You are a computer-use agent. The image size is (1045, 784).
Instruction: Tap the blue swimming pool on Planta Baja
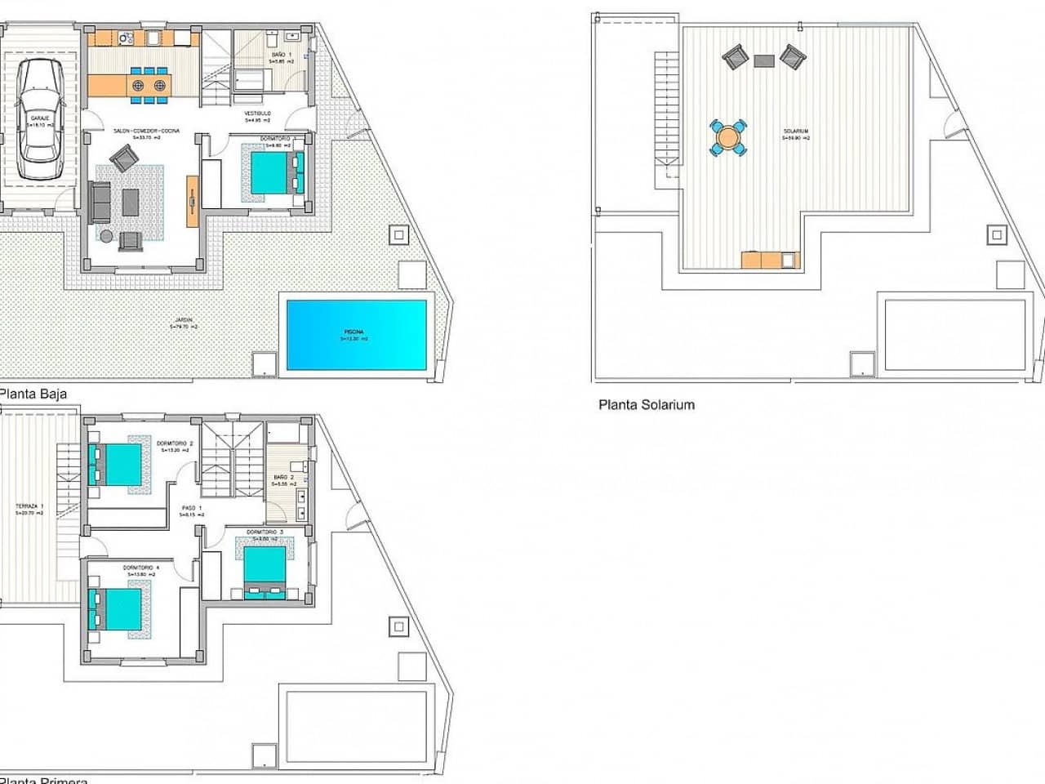point(356,333)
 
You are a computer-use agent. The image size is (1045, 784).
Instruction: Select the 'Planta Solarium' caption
point(647,404)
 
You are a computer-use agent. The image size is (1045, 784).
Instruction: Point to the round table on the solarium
point(727,137)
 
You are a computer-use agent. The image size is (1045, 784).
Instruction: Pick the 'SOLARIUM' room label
point(795,131)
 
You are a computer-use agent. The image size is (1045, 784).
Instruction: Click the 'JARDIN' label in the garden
point(184,321)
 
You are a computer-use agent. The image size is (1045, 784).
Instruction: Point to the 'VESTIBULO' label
point(257,114)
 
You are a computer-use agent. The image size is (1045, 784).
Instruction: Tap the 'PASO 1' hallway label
point(192,508)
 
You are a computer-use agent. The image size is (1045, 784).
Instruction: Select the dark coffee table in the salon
point(131,202)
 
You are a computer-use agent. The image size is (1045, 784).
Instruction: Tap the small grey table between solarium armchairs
point(764,60)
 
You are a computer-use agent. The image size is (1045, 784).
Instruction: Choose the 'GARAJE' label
point(38,118)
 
